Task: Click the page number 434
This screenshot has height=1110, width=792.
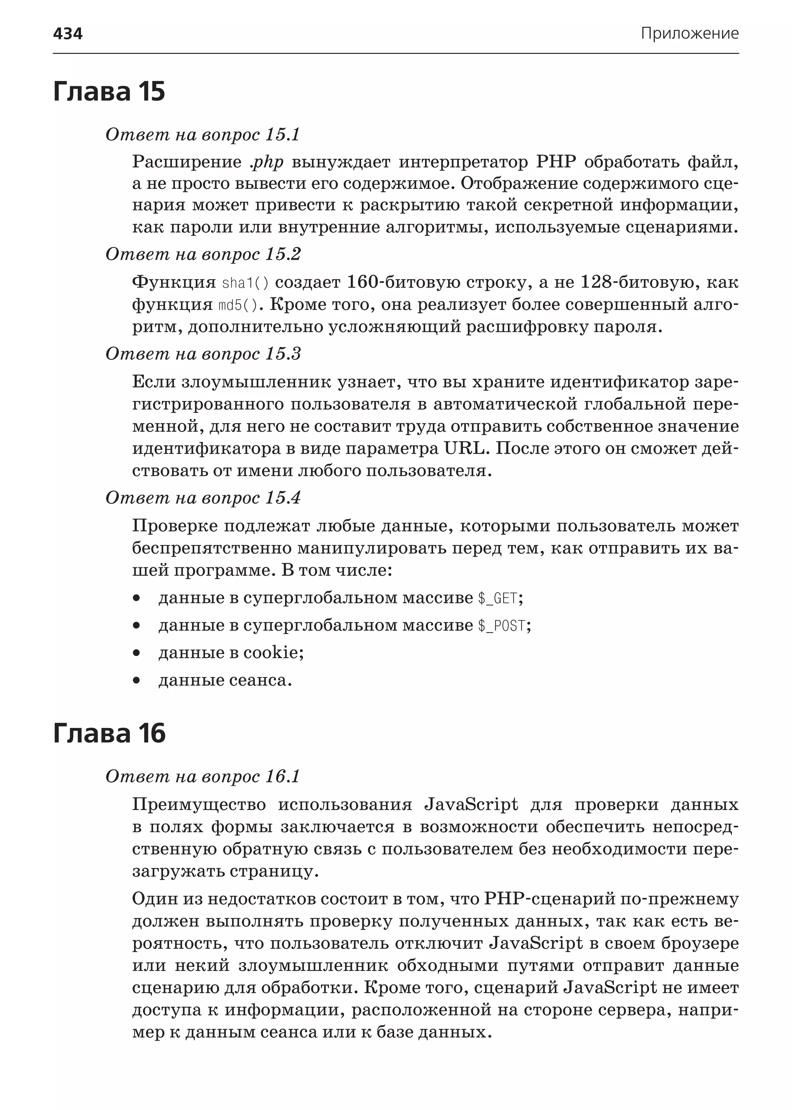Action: (x=68, y=34)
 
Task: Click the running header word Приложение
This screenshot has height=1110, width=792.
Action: (x=689, y=34)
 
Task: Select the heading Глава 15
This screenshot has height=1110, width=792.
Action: (x=109, y=91)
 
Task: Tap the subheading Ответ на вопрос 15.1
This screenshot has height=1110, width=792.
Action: (x=202, y=134)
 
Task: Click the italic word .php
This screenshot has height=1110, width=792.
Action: (x=266, y=161)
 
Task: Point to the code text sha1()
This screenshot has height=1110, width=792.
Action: (x=245, y=283)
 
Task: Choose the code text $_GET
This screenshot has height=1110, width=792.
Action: (x=497, y=598)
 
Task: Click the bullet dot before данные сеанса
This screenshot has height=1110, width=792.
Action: (x=137, y=680)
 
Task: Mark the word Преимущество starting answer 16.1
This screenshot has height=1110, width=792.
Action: (x=199, y=804)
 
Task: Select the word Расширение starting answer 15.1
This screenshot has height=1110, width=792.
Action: (x=187, y=161)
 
